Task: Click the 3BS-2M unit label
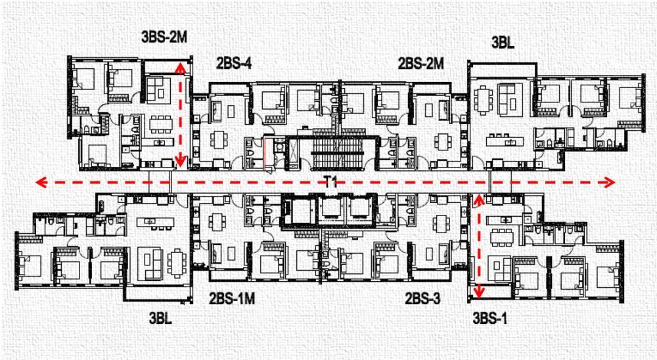point(164,37)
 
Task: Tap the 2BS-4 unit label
point(234,63)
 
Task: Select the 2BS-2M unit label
point(420,63)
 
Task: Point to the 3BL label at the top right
point(503,42)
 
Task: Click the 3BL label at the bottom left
point(160,318)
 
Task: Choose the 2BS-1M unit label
point(232,298)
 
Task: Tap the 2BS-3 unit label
point(422,298)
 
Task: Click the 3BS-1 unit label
point(490,319)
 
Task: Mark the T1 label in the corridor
point(330,182)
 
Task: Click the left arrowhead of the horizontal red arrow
point(41,183)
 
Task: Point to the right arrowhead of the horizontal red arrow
point(609,183)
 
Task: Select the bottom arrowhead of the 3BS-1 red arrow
point(478,292)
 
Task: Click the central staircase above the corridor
point(337,154)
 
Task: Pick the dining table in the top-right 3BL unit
point(483,100)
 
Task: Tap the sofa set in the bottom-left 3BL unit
point(150,263)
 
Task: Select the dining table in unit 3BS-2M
point(162,124)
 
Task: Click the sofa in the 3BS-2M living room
point(158,90)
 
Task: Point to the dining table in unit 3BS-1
point(501,237)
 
